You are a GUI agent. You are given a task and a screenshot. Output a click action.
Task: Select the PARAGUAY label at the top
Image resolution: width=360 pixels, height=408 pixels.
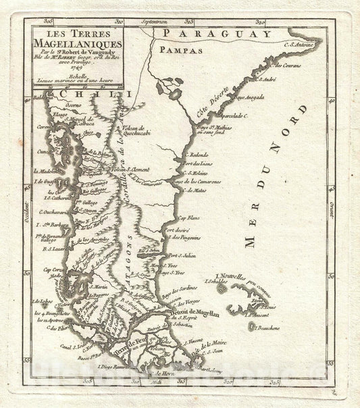coord(217,34)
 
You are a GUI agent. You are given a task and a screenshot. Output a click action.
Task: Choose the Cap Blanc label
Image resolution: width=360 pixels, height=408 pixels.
coord(188,218)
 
